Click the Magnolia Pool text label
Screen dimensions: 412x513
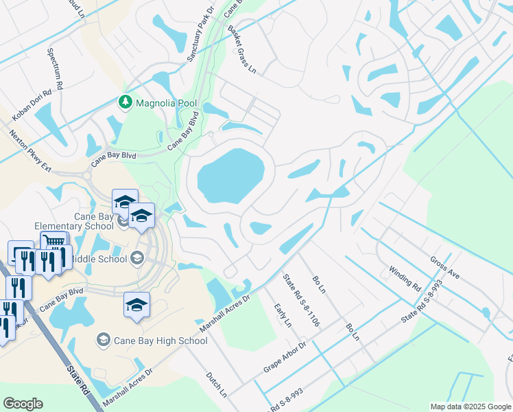click(x=166, y=103)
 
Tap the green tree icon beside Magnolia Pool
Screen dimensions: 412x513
click(x=125, y=103)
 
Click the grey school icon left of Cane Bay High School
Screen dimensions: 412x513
click(x=104, y=340)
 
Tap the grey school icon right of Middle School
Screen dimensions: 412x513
click(x=136, y=259)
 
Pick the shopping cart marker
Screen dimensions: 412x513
click(x=54, y=242)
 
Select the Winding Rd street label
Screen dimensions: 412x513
click(x=404, y=277)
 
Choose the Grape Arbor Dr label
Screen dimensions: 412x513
click(x=284, y=356)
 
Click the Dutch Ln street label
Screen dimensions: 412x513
click(x=216, y=385)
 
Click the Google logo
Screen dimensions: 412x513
click(x=23, y=404)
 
